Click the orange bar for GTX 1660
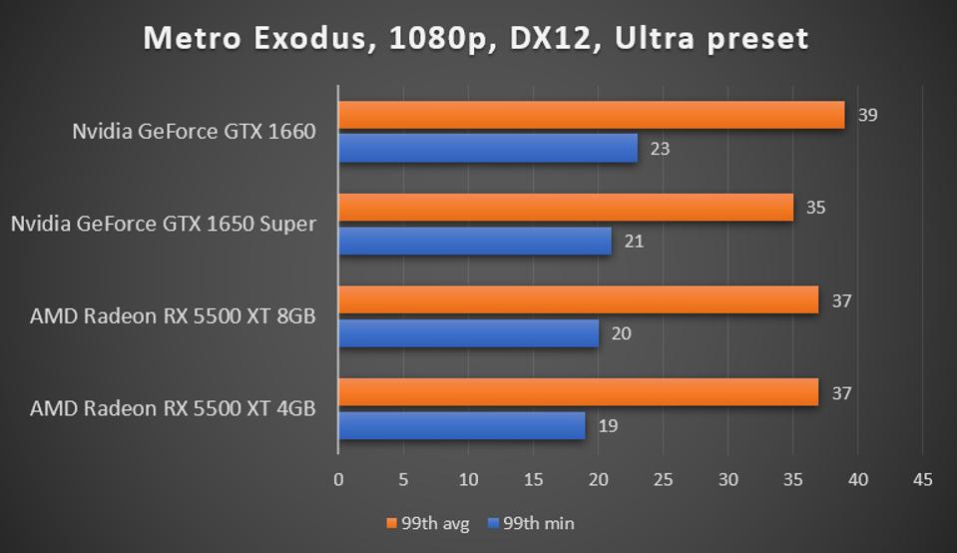coord(591,115)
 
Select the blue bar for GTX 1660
coord(487,149)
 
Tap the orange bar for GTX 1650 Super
coord(565,208)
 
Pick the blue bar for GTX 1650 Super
coord(474,241)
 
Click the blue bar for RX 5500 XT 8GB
coord(468,333)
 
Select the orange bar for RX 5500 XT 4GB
coord(578,392)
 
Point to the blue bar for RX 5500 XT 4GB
coord(461,426)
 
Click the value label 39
coord(867,115)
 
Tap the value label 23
coord(660,149)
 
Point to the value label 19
coord(608,426)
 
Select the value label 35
coord(815,208)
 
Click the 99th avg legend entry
coord(428,523)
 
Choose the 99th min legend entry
coord(532,523)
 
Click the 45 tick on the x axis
coord(922,480)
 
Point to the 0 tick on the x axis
coord(338,480)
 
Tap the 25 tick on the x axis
coord(664,480)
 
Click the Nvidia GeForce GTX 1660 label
coord(194,131)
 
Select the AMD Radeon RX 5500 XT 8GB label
coord(173,316)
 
